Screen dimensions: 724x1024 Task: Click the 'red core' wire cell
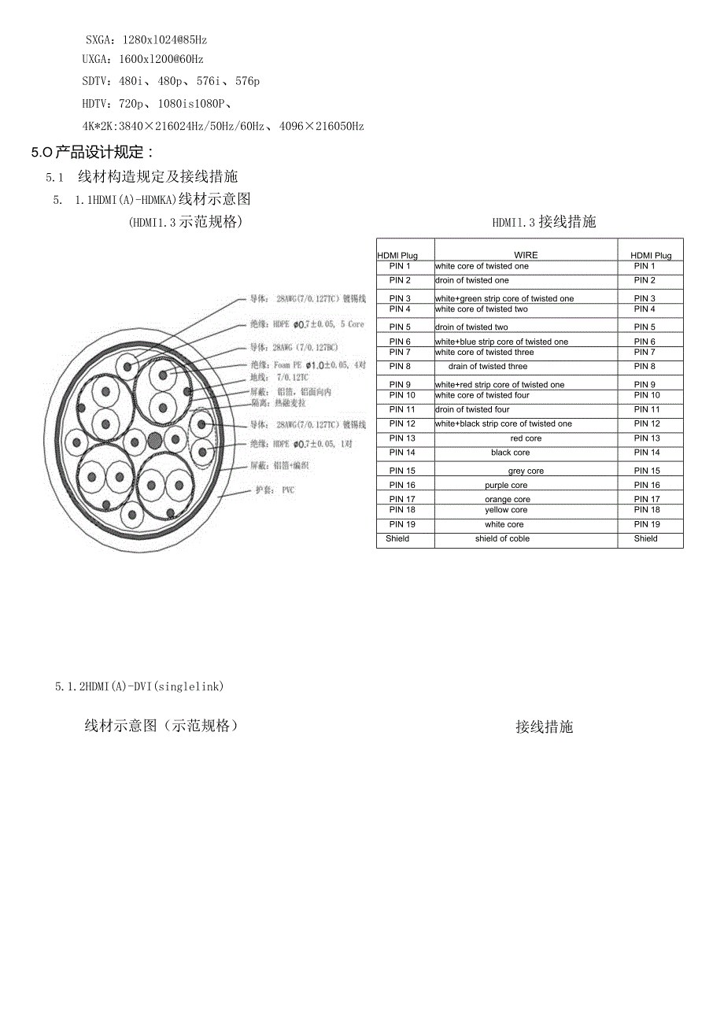point(526,438)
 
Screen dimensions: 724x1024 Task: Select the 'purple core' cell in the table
point(506,486)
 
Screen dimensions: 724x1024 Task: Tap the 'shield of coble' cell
point(502,539)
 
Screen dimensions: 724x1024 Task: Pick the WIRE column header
point(526,255)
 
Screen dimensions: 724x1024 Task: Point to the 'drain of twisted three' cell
point(488,367)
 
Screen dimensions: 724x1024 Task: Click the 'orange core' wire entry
point(508,500)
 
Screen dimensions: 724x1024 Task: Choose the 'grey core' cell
point(526,471)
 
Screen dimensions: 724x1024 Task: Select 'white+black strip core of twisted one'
point(504,424)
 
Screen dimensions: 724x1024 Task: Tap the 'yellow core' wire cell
point(507,511)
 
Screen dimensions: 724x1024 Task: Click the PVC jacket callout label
point(275,490)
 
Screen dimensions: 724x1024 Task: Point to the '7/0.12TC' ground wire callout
point(281,379)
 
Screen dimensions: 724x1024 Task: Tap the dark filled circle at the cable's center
point(155,440)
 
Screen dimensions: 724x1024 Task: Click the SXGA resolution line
point(146,39)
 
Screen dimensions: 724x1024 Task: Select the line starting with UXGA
point(143,59)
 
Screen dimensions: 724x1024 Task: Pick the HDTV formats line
point(157,103)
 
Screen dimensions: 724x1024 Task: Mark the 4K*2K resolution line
point(223,126)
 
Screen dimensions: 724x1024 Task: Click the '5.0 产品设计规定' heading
point(93,153)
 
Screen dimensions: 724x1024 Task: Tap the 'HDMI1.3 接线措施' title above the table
point(544,222)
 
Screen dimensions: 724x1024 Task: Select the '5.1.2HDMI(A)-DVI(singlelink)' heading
point(140,686)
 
